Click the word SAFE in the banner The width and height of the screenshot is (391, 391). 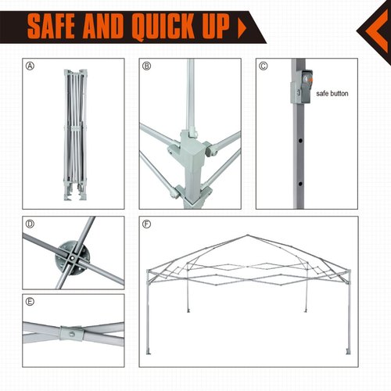(x=52, y=26)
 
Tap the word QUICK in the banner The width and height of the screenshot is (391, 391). (x=163, y=27)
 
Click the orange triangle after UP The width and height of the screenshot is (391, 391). (x=242, y=27)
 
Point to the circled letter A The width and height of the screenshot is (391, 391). (x=30, y=66)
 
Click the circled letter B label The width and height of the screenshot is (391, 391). (x=147, y=66)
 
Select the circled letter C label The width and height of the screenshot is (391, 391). (x=264, y=66)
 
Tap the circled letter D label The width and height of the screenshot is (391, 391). (x=30, y=224)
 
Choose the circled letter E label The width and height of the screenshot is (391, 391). (x=30, y=302)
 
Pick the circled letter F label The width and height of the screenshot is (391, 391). (x=147, y=224)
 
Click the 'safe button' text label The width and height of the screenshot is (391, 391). (x=332, y=94)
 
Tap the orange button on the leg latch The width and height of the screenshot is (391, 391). (x=310, y=80)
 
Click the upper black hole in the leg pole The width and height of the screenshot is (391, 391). (x=300, y=141)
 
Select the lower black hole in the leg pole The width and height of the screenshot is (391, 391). (x=300, y=184)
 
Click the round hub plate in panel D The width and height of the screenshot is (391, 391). (x=73, y=258)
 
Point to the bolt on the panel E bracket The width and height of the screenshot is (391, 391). (x=72, y=333)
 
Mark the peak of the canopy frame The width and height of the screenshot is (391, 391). (x=247, y=235)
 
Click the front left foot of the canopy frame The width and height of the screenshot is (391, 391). (x=149, y=352)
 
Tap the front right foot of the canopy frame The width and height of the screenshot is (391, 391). (x=348, y=352)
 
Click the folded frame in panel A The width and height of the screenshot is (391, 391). (x=75, y=135)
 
